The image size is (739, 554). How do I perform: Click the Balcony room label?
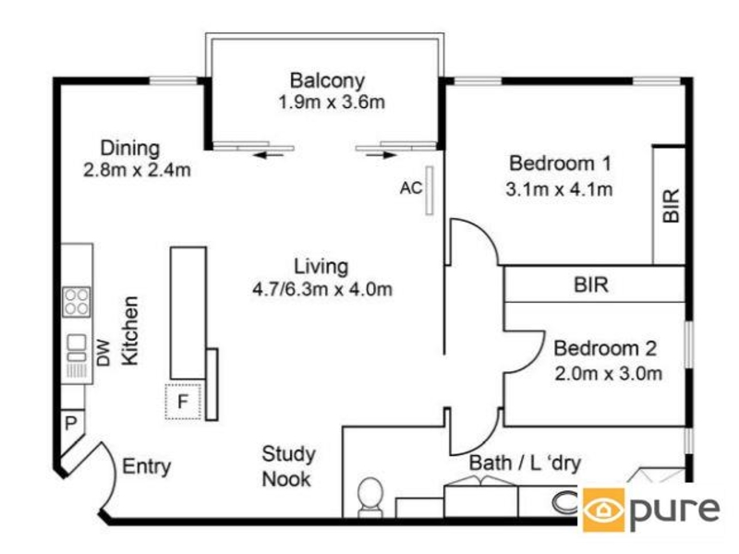pos(327,80)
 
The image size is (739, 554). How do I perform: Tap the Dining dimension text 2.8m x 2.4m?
pos(137,170)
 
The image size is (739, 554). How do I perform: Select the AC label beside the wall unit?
pos(411,188)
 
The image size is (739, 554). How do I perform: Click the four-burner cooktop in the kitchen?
pos(77,302)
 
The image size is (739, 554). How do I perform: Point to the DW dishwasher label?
pos(103,353)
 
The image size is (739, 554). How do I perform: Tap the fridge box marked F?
pos(183,402)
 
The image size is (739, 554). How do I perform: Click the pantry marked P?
pos(71,423)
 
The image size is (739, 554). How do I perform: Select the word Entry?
pos(147,466)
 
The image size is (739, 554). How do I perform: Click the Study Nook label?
pos(288,466)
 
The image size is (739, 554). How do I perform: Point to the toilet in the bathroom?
pos(370,497)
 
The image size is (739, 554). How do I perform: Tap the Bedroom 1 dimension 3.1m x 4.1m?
pos(559,189)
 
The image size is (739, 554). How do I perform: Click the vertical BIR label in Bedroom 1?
pos(672,205)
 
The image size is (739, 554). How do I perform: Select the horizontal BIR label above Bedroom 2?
pos(591,284)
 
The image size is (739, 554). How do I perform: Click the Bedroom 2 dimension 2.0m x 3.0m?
pos(608,374)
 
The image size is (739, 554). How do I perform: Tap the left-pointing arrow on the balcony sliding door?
pos(269,154)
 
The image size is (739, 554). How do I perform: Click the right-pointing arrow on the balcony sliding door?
pos(381,154)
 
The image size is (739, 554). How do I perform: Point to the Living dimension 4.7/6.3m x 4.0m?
pos(322,289)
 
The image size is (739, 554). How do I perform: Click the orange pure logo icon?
pos(604,510)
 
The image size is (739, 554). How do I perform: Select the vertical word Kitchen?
pos(129,331)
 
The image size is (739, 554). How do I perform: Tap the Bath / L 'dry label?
pos(525,464)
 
